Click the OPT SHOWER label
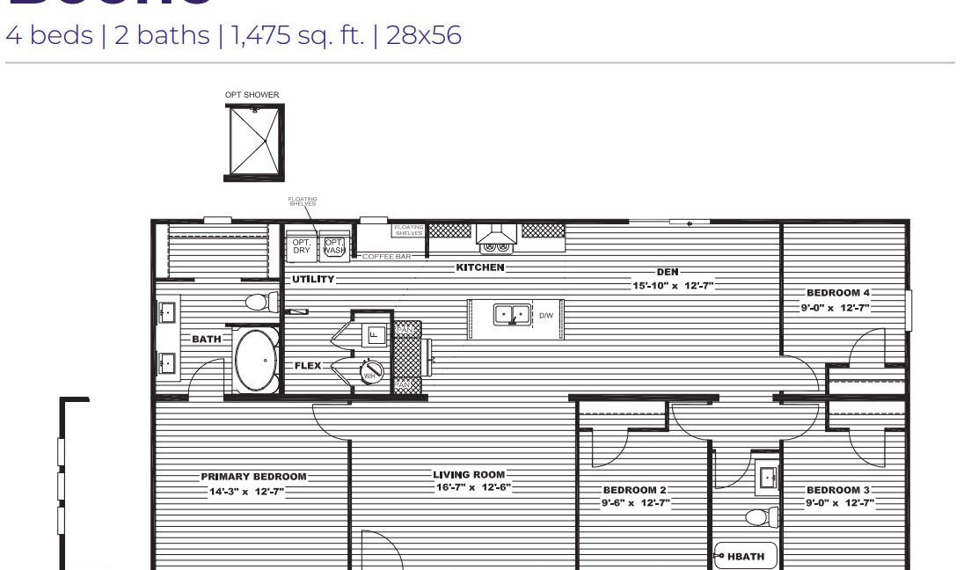[x=252, y=95]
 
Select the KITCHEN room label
[x=480, y=267]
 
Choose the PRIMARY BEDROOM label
[x=253, y=477]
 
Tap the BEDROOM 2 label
[x=635, y=490]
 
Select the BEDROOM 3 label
[x=837, y=490]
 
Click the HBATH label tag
[x=745, y=556]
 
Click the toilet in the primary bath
[x=257, y=303]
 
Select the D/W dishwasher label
[x=546, y=315]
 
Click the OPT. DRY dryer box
[x=302, y=245]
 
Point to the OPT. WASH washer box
[x=334, y=245]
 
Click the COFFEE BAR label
[x=387, y=257]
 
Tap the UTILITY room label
[x=313, y=279]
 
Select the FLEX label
[x=308, y=365]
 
